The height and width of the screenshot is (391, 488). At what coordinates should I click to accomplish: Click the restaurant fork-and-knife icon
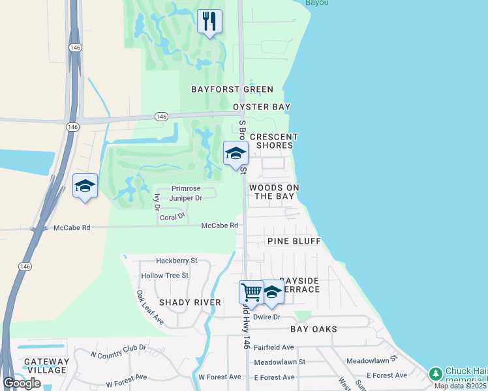(209, 22)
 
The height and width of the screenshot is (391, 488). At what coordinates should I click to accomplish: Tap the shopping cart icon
(252, 291)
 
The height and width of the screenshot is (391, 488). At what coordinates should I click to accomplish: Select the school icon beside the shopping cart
(271, 293)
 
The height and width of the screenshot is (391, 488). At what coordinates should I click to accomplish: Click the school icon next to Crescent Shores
(236, 154)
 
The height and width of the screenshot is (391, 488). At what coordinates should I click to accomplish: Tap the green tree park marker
(435, 374)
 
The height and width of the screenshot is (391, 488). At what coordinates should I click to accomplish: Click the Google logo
(22, 383)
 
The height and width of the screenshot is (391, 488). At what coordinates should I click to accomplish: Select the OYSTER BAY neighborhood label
(262, 106)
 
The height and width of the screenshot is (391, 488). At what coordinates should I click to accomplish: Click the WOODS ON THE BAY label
(274, 192)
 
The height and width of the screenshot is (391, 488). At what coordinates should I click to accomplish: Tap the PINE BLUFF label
(294, 241)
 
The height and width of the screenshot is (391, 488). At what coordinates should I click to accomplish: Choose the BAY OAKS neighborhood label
(314, 329)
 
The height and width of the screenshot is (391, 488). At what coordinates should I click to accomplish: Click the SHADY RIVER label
(191, 302)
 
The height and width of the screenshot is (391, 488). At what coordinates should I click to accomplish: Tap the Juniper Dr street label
(186, 197)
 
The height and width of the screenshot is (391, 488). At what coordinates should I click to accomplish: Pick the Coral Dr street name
(173, 214)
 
